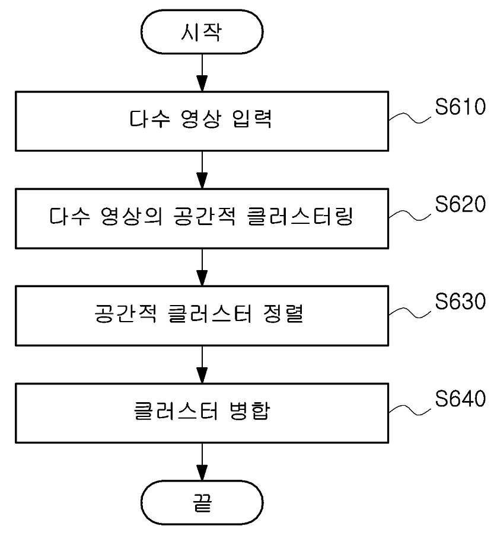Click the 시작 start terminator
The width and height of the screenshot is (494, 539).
click(202, 31)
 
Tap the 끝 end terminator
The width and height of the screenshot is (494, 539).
click(202, 502)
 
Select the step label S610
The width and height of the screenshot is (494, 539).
click(460, 106)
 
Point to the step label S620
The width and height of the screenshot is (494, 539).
click(460, 204)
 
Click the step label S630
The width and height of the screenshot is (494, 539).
click(460, 301)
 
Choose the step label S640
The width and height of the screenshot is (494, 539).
click(460, 398)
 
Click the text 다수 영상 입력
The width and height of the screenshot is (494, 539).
click(200, 119)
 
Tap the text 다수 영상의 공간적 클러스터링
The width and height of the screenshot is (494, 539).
click(201, 216)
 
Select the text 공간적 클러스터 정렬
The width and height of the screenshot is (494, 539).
click(199, 313)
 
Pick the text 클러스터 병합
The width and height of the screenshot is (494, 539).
click(202, 411)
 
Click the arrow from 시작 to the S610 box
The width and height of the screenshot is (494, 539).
click(202, 72)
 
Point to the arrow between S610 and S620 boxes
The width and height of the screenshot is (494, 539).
click(202, 170)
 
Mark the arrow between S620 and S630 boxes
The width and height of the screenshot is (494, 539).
click(202, 267)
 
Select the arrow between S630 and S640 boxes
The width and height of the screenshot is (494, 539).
click(202, 364)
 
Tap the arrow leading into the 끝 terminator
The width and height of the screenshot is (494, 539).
click(202, 461)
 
